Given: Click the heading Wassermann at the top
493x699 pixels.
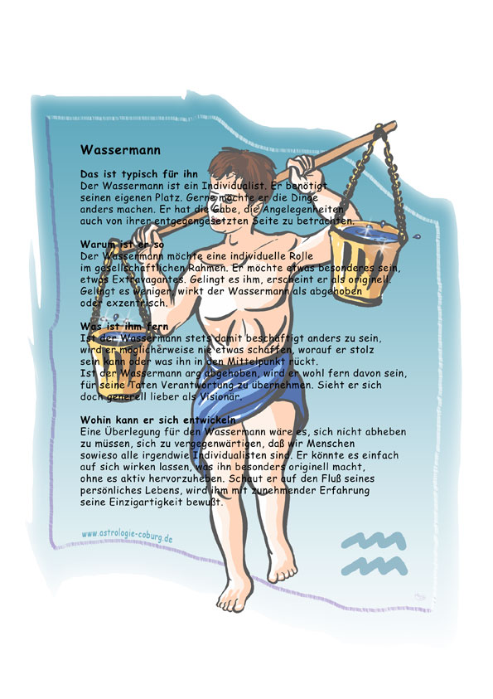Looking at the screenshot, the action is pos(120,150).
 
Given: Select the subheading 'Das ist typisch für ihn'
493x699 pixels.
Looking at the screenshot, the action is pos(139,174).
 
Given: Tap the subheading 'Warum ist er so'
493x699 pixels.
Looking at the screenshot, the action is pos(122,245).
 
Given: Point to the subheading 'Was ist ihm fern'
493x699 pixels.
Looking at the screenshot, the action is pos(124,327).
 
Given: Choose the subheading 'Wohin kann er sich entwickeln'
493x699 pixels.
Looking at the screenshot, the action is pos(158,420).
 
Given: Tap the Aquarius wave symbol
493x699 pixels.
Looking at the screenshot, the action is pos(374,553).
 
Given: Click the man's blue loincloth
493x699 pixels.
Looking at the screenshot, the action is pos(249,404).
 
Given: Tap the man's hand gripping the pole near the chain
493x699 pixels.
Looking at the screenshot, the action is pos(302,168).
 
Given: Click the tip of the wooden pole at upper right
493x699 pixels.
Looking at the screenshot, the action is pos(394,125).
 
